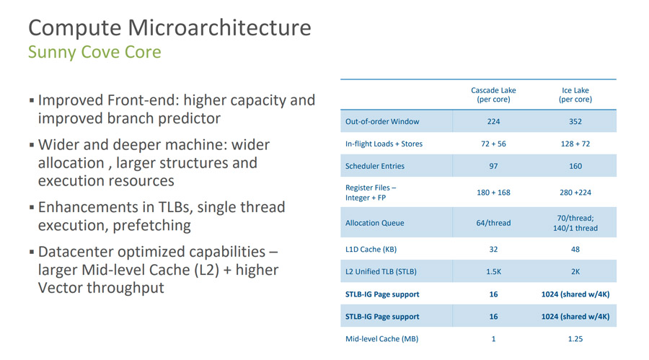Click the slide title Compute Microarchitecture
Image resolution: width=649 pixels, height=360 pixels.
pos(169,28)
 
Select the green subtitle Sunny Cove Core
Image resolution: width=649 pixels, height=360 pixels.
pos(94,52)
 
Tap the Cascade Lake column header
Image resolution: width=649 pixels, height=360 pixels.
pos(493,95)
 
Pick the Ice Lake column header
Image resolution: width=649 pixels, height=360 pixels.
pos(575,95)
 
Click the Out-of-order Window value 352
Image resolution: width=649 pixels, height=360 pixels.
pos(575,121)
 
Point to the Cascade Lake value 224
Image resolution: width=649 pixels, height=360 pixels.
pos(493,121)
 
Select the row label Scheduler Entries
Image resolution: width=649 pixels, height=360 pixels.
pos(374,166)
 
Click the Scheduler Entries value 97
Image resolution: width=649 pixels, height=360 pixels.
pos(493,166)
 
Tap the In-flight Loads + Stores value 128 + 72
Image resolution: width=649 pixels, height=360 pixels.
pos(575,144)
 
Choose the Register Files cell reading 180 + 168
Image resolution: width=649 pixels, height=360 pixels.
pos(493,193)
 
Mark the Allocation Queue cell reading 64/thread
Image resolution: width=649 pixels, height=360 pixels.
pos(493,223)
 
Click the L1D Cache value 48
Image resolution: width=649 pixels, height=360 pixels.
pos(575,250)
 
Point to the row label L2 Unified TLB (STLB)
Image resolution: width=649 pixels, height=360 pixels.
pos(381,272)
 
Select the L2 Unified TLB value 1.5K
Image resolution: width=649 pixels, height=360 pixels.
pos(493,272)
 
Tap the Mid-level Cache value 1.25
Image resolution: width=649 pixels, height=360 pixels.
pos(575,339)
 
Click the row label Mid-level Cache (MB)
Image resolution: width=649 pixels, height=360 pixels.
pos(381,339)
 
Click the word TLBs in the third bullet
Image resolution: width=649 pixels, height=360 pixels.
pos(176,207)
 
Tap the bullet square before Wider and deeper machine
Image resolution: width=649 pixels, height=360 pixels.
pos(32,145)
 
